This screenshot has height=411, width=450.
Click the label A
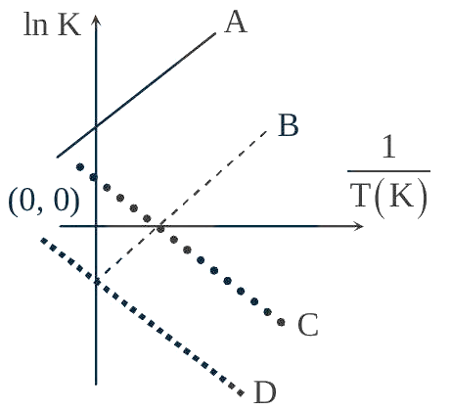pos(236,22)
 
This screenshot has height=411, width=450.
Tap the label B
pos(289,125)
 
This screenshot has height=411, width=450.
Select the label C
pos(308,325)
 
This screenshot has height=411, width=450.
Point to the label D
pos(265,392)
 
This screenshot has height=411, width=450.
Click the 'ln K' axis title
pos(52,24)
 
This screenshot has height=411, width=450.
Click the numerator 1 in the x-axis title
pos(388,148)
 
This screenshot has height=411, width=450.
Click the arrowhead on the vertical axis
pos(96,21)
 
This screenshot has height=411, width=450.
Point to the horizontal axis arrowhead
pos(358,226)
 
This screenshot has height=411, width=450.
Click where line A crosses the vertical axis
pos(96,126)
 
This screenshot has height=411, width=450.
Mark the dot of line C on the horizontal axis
pos(160,229)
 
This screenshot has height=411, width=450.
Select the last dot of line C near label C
pos(281,322)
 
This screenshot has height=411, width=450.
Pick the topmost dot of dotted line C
pos(80,167)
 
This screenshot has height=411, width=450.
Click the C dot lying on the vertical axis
pos(94,177)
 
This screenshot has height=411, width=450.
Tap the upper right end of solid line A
pos(215,33)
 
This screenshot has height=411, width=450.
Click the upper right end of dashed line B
pos(266,131)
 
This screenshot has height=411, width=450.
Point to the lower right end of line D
pos(241,392)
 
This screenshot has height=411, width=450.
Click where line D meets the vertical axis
pos(96,281)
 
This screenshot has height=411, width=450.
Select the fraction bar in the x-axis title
pos(388,170)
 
